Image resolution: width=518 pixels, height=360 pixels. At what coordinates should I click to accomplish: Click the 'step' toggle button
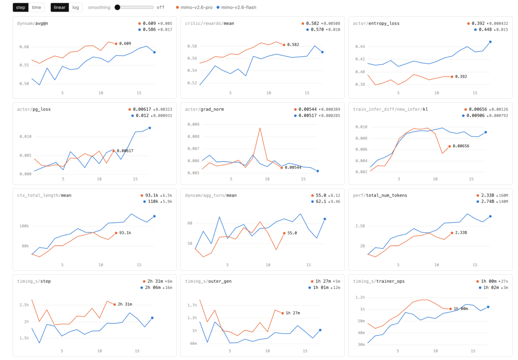21,7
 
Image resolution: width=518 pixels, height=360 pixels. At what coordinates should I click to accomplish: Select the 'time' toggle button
36,7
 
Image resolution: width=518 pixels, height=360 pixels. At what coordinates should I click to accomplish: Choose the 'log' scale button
76,7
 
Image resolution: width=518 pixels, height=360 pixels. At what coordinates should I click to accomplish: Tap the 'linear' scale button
60,7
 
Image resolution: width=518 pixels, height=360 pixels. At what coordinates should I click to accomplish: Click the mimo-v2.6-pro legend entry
194,7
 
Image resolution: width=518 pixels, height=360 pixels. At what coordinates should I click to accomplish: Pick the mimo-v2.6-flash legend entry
236,7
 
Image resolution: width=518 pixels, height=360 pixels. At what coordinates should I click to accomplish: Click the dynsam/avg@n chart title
33,23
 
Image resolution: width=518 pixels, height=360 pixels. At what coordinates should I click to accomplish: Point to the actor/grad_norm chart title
204,109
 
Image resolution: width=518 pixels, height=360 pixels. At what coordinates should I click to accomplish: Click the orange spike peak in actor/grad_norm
260,128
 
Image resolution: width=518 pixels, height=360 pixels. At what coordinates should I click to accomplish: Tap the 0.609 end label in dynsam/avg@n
125,44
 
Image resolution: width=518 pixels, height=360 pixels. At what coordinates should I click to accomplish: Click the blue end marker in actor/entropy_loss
490,42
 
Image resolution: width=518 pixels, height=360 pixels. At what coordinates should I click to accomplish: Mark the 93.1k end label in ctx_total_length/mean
125,233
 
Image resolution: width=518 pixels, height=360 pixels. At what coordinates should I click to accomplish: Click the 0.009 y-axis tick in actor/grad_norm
194,125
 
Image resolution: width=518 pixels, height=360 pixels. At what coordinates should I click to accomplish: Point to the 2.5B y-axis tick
360,226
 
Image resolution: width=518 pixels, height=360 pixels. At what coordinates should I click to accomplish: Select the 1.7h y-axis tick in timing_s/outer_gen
192,305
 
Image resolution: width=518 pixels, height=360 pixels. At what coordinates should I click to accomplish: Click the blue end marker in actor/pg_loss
150,128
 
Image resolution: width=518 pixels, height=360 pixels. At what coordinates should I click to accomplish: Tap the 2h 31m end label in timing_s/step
125,304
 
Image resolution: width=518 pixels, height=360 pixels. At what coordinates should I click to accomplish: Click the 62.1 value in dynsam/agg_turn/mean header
321,201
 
